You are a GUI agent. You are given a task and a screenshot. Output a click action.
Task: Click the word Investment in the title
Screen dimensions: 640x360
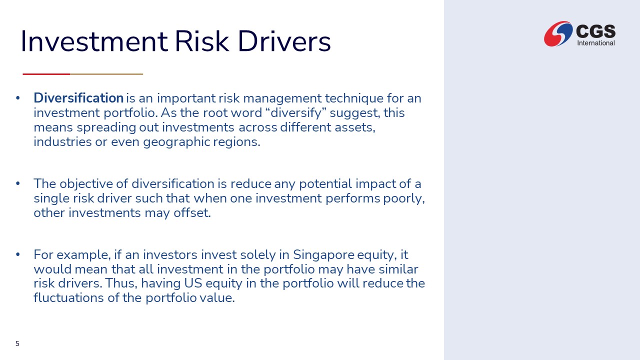94,41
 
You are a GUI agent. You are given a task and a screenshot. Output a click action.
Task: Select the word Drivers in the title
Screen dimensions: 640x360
284,41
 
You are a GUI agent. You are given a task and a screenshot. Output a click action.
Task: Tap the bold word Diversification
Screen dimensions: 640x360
78,97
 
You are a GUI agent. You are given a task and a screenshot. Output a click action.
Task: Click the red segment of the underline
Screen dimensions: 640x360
46,74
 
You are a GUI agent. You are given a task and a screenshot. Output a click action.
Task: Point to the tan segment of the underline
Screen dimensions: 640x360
106,74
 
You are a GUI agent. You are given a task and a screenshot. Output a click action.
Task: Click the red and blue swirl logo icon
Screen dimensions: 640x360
558,33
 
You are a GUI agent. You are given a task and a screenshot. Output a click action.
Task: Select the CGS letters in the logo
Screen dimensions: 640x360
595,31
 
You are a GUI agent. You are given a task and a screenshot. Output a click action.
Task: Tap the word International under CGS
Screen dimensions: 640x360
596,43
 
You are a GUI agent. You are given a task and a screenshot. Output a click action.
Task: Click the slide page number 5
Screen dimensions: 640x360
17,343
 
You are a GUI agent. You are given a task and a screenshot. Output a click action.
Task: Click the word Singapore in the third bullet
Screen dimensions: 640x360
323,255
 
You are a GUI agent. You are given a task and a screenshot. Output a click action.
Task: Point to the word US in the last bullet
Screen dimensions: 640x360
193,283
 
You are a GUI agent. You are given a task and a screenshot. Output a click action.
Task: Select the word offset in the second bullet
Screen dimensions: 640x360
192,213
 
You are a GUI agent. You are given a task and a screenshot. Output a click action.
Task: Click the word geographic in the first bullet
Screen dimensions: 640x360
176,142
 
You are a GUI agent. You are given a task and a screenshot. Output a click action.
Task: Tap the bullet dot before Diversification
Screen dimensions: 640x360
18,98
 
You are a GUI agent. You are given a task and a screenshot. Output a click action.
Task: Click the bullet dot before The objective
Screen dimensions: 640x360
18,183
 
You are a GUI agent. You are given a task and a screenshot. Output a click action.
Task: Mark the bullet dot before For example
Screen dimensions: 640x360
18,254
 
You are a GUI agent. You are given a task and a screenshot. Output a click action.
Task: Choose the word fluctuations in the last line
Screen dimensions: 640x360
69,297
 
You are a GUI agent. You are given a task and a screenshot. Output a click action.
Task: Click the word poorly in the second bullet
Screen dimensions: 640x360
404,198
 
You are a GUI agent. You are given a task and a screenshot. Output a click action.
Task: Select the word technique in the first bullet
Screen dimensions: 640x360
354,98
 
